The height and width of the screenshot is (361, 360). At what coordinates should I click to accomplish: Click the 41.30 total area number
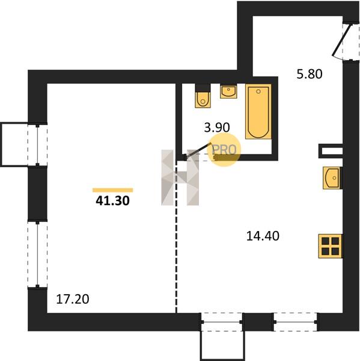113,201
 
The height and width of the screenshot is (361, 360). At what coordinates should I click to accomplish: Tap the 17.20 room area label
73,299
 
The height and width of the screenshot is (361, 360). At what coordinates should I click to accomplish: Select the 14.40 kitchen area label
263,236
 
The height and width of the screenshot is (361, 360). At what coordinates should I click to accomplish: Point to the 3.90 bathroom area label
217,128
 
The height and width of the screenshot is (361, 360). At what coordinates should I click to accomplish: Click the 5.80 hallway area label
310,74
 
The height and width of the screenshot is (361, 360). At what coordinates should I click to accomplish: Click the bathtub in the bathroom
258,112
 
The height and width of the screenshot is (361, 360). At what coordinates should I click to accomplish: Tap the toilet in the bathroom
203,96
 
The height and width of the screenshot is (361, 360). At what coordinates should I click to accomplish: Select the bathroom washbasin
228,91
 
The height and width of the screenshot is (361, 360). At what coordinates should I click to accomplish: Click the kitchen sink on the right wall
332,178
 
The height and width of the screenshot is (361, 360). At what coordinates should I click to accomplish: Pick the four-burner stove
331,246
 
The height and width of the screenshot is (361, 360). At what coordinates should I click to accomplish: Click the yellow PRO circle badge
224,150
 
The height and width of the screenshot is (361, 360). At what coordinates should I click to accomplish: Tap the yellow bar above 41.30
113,190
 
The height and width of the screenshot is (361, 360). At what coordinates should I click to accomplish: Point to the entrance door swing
342,41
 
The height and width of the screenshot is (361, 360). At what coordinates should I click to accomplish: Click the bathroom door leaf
198,150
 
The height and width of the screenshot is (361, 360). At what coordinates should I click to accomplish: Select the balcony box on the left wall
14,144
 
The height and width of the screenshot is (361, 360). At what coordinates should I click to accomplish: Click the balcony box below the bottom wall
223,345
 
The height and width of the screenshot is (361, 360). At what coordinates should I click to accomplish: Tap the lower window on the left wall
37,255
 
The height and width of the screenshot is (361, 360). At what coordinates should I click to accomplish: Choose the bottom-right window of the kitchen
295,322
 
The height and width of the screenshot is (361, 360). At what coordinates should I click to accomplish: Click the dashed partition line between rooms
176,236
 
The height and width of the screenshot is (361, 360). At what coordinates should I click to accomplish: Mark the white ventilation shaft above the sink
331,151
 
